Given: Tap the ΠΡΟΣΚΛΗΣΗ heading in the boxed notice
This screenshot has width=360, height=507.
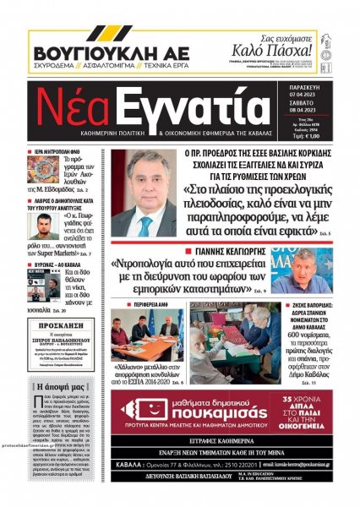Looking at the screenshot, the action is (60, 325).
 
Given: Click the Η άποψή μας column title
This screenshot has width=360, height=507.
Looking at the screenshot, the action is (60, 384).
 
